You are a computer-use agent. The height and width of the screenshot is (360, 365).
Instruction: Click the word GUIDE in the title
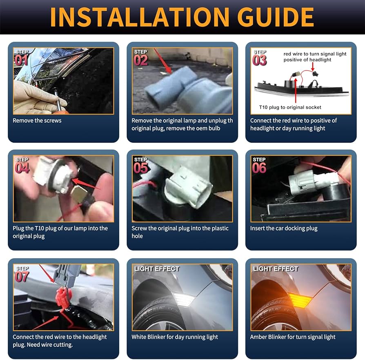[x=276, y=17]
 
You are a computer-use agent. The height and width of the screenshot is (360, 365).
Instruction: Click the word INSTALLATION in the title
[x=140, y=17]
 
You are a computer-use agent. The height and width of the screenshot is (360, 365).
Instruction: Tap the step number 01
[x=21, y=60]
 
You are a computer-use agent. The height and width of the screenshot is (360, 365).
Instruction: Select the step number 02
[x=140, y=60]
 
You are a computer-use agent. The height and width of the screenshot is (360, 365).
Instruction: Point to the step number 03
[x=259, y=60]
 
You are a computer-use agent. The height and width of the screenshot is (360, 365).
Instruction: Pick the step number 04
[x=22, y=168]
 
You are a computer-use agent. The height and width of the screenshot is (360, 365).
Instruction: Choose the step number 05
[x=140, y=168]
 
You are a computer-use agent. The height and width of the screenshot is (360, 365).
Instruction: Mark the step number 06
[x=259, y=168]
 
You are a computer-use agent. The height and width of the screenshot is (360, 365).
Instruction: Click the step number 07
[x=22, y=277]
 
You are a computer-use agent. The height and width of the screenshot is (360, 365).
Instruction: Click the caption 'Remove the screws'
[x=37, y=121]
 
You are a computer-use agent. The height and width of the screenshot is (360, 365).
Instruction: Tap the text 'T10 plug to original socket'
[x=290, y=107]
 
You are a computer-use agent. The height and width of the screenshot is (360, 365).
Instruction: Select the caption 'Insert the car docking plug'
[x=284, y=228]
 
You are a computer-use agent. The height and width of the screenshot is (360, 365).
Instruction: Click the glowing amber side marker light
[x=300, y=300]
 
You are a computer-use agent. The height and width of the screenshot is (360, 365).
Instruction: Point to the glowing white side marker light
[x=182, y=299]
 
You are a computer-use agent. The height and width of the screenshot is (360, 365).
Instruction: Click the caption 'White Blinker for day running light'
[x=175, y=337]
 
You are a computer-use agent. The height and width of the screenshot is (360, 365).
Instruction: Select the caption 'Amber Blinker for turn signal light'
[x=293, y=337]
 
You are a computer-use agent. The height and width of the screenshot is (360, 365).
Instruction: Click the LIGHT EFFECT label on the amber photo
[x=275, y=269]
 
